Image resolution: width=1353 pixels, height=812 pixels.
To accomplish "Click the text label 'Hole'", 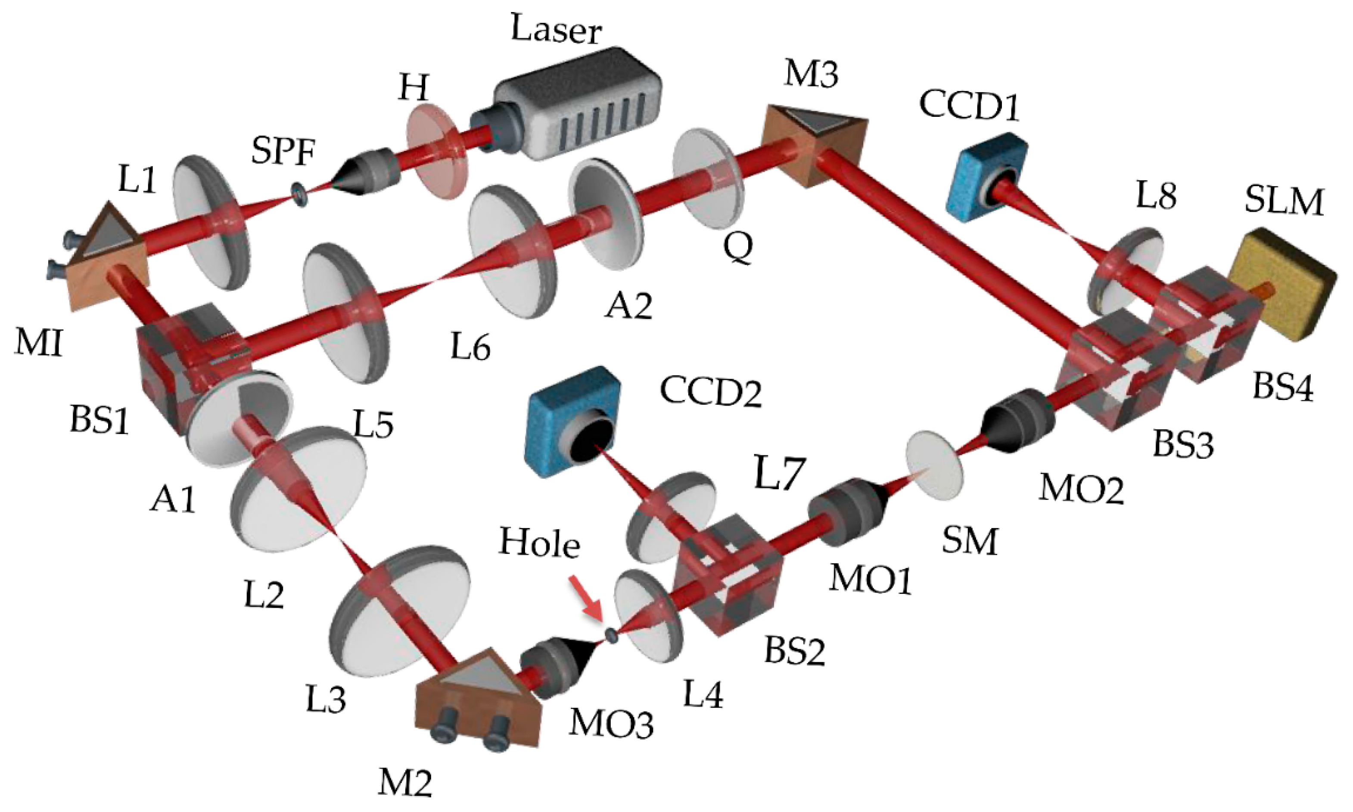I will (x=539, y=544).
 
